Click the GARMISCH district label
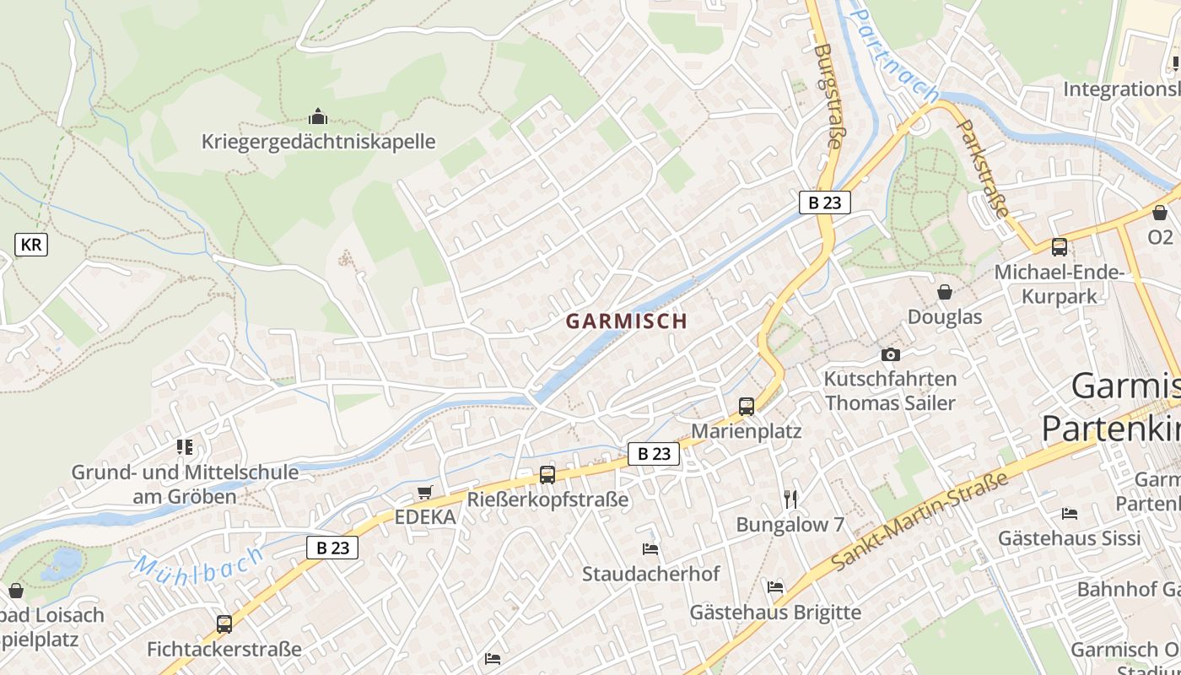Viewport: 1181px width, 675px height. pyautogui.click(x=626, y=321)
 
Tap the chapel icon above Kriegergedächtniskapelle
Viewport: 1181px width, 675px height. pyautogui.click(x=318, y=116)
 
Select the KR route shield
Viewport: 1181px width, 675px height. pyautogui.click(x=31, y=245)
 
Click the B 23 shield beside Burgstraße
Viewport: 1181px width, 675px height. pyautogui.click(x=824, y=202)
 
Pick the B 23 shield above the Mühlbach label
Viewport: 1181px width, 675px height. pyautogui.click(x=332, y=548)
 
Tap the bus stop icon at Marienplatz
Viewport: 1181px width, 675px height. pyautogui.click(x=747, y=407)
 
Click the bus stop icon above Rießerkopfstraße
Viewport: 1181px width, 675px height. pyautogui.click(x=547, y=475)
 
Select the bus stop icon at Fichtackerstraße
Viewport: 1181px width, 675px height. pyautogui.click(x=224, y=624)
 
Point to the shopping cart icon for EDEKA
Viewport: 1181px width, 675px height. pyautogui.click(x=424, y=493)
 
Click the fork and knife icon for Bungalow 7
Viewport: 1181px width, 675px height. pyautogui.click(x=790, y=499)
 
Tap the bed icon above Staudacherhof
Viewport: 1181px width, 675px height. pyautogui.click(x=650, y=549)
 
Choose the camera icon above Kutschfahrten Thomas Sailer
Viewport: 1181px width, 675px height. pyautogui.click(x=890, y=355)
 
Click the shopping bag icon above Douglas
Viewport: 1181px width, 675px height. pyautogui.click(x=945, y=292)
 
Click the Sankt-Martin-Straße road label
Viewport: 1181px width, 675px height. pyautogui.click(x=919, y=521)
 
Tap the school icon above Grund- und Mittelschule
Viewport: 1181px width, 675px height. pyautogui.click(x=185, y=447)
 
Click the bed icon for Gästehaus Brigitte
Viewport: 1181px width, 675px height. pyautogui.click(x=775, y=586)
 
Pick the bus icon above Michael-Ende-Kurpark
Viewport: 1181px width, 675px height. pyautogui.click(x=1059, y=247)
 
